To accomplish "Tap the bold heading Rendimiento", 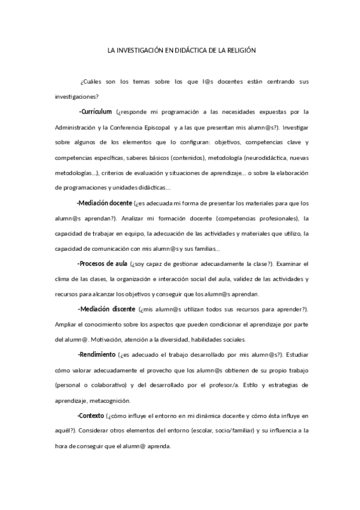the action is pos(97,355).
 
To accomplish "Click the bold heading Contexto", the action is pos(91,416).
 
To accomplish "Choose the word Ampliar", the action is pos(65,325).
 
